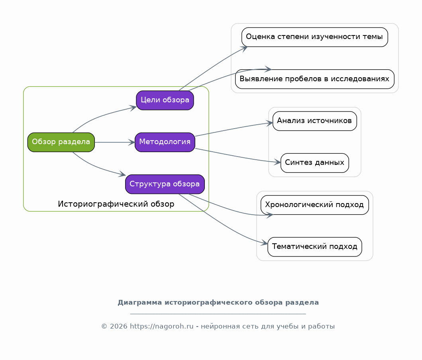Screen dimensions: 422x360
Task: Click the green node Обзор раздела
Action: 61,142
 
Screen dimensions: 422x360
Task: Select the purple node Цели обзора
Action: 165,100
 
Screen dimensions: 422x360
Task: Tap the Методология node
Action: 165,142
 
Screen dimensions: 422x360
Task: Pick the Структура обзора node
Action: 165,184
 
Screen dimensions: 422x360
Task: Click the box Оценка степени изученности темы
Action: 315,37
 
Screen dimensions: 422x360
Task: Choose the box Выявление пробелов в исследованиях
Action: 315,79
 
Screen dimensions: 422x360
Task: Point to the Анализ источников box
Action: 315,121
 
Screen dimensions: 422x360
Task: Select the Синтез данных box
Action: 315,163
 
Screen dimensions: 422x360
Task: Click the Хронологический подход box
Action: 315,205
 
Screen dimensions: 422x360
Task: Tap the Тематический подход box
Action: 315,247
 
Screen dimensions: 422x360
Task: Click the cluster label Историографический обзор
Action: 116,204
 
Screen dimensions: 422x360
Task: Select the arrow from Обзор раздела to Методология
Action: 115,142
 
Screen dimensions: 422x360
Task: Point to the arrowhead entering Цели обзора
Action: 133,108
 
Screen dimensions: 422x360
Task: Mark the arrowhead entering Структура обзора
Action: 122,174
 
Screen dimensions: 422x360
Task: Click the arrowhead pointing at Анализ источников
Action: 269,123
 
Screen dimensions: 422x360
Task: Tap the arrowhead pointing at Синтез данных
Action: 277,162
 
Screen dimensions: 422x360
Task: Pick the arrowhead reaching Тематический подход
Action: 264,243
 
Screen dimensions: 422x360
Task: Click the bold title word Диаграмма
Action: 140,303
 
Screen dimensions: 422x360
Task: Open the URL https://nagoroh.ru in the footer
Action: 162,327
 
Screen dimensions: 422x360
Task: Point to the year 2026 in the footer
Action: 119,327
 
